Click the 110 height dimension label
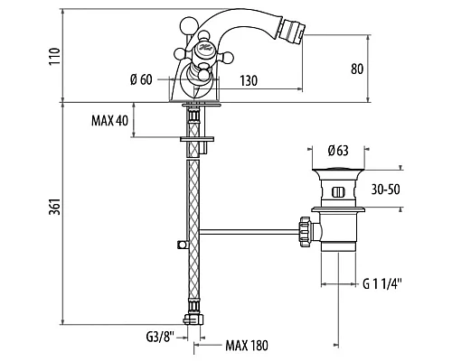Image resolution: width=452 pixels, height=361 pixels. click(55, 56)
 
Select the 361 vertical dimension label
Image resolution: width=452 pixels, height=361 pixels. click(55, 207)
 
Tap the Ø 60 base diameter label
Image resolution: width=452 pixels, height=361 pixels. click(141, 79)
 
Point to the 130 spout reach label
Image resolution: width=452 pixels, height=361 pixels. click(249, 80)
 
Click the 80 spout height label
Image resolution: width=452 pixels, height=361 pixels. click(357, 69)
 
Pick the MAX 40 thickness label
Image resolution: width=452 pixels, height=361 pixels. click(109, 121)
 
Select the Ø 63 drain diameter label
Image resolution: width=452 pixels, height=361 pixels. click(338, 151)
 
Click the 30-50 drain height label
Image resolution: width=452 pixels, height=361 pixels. click(385, 190)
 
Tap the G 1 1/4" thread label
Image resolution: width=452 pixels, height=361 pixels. click(382, 283)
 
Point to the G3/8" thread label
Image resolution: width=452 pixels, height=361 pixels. click(160, 337)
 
